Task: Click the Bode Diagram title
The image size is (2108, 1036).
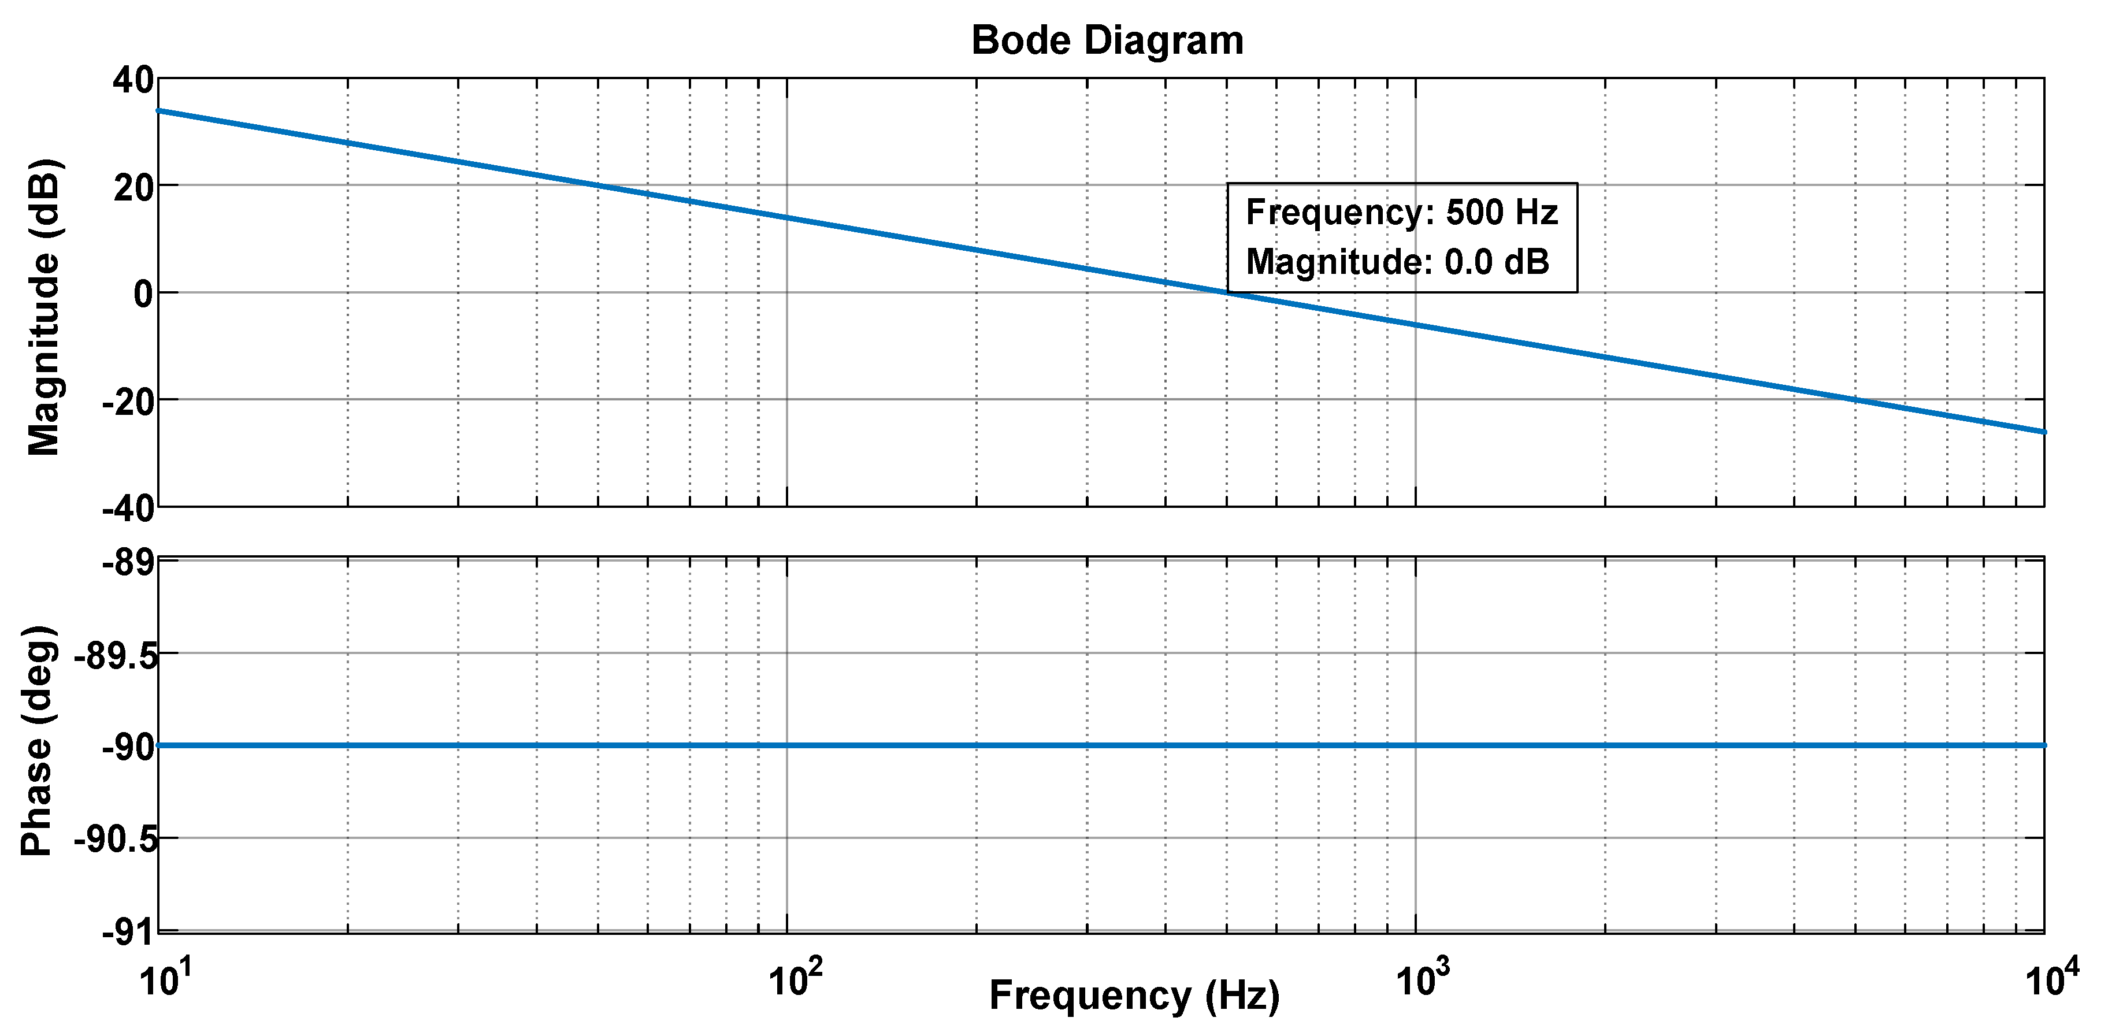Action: point(1107,41)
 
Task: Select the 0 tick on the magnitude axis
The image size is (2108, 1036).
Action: point(143,294)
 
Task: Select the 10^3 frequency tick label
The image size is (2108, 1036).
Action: point(1416,979)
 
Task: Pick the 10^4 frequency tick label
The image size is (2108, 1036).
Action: point(2046,979)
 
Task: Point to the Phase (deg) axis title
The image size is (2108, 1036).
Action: point(38,741)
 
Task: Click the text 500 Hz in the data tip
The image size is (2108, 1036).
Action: point(1502,213)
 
